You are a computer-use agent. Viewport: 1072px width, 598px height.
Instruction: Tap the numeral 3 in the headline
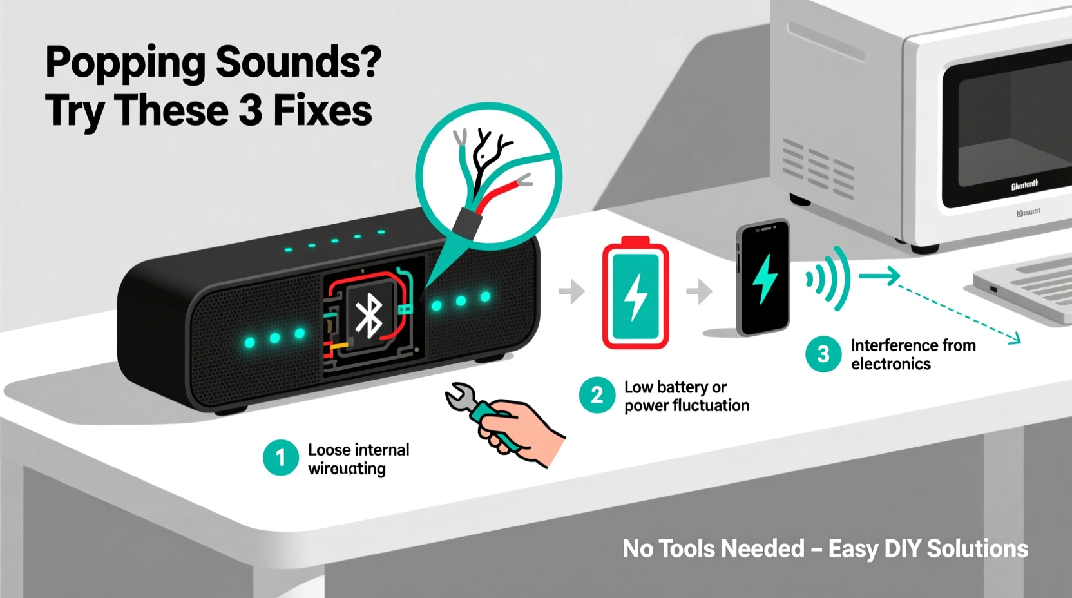click(250, 111)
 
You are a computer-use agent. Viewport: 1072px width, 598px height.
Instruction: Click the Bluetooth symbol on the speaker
click(368, 316)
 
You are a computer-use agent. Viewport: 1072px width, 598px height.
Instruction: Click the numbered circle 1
click(281, 458)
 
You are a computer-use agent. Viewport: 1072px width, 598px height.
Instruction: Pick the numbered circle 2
click(597, 395)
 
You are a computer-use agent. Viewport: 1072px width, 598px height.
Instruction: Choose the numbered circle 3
click(823, 354)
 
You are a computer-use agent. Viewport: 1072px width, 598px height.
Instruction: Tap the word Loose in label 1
click(327, 450)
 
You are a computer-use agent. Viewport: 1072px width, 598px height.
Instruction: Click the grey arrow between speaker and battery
click(571, 291)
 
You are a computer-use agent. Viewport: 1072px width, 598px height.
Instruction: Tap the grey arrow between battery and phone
click(699, 291)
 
